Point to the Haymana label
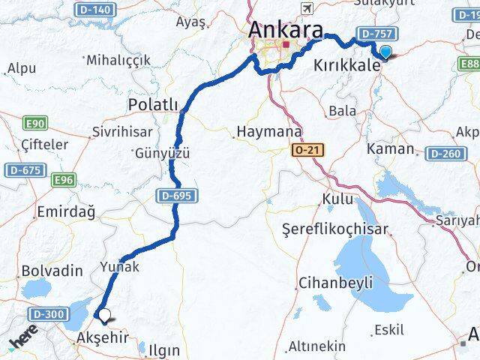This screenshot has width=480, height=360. point(268,132)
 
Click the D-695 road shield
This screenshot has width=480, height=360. point(178,196)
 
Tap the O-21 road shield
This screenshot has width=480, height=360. point(307,151)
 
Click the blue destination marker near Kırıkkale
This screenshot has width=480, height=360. point(385,52)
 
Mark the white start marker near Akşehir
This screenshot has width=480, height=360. point(105,316)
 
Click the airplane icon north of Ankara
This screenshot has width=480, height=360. point(306,7)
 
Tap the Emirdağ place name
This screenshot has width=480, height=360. point(67,213)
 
